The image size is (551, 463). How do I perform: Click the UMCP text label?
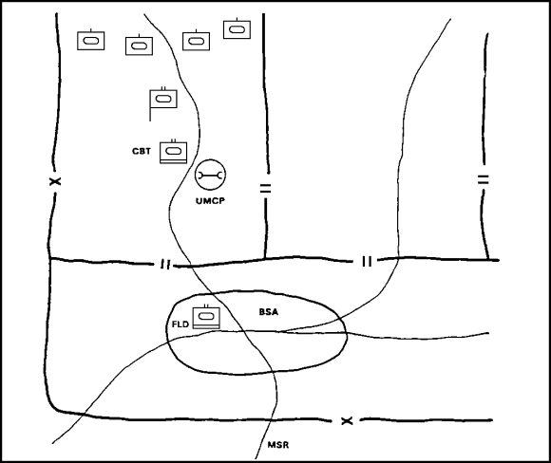coord(210,201)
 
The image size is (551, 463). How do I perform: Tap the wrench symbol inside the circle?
coord(210,175)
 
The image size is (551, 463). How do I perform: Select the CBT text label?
coord(142,151)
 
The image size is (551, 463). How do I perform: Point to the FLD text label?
coord(180,324)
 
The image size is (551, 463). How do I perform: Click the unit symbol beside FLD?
coord(206,317)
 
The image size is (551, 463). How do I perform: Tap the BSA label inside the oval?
coord(269,312)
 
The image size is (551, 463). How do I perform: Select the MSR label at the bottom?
coord(278,445)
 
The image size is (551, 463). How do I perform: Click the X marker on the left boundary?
coord(55,181)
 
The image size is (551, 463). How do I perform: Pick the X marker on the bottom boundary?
coord(347,420)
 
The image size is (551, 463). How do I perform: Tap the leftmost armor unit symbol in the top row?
coord(90,40)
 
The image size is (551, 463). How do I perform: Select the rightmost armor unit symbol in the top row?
coord(237,28)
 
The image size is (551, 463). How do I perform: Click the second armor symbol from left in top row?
coord(139,45)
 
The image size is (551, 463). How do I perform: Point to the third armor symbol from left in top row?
coord(196,41)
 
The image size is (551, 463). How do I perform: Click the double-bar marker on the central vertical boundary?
coord(266,189)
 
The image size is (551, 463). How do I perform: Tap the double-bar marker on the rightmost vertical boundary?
coord(484,179)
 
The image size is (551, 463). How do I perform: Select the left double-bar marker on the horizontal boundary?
coord(165,265)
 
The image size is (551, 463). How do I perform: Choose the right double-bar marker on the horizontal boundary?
coord(367,262)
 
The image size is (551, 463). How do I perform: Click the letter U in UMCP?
coord(199,201)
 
